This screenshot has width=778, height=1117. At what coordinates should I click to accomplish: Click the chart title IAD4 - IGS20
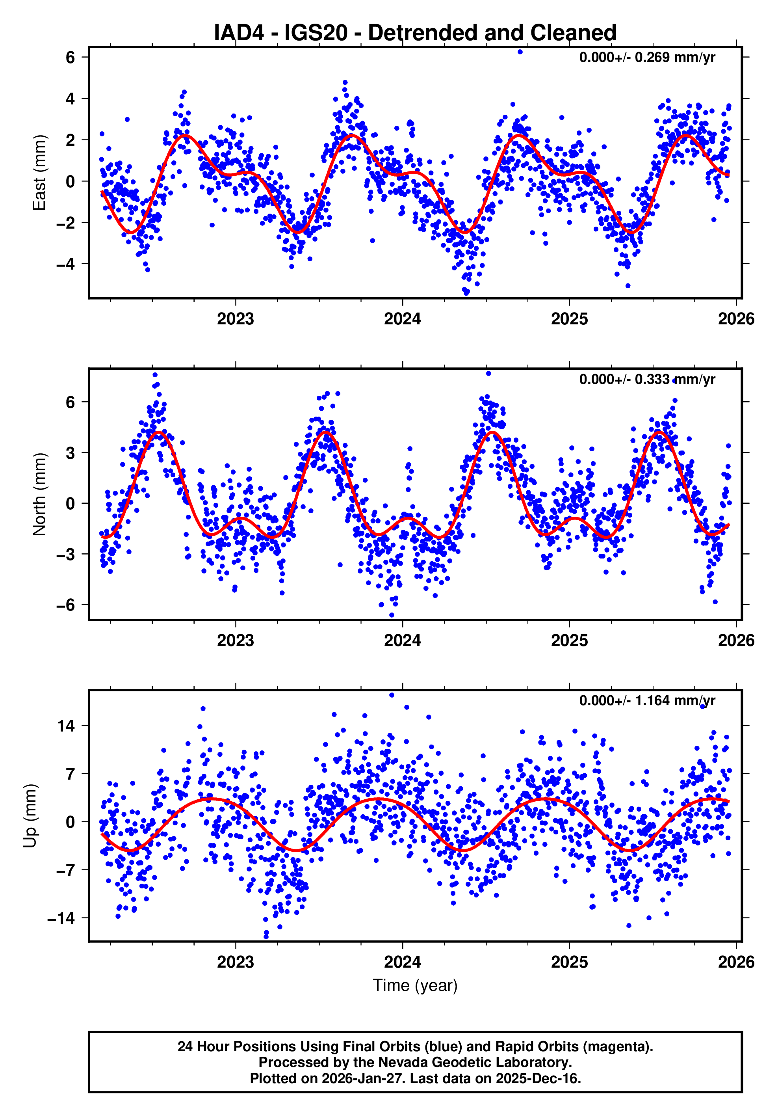(415, 33)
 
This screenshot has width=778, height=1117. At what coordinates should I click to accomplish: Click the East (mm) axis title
(39, 173)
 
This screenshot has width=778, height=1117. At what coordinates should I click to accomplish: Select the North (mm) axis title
(39, 494)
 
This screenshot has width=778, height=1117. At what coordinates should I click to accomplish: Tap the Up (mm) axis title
(30, 816)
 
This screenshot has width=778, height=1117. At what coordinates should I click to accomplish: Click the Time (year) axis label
(415, 985)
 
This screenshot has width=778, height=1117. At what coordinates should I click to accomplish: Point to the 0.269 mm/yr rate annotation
(647, 58)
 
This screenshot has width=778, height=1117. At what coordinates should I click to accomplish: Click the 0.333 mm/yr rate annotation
(647, 379)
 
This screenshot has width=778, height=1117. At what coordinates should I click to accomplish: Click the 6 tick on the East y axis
(71, 58)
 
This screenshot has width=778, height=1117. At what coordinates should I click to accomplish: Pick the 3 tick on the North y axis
(71, 453)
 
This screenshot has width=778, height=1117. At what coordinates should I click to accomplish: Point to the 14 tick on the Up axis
(66, 726)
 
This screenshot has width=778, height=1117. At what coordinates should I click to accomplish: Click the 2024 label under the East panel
(402, 319)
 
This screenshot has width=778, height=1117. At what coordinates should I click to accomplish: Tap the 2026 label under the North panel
(736, 641)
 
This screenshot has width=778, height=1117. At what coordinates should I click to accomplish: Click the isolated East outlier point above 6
(520, 52)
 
